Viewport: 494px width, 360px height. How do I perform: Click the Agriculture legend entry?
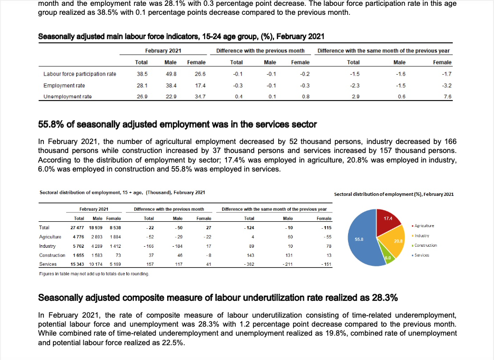pyautogui.click(x=424, y=226)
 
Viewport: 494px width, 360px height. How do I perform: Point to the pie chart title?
pyautogui.click(x=394, y=194)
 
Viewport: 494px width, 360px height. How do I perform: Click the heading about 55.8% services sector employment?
pyautogui.click(x=178, y=125)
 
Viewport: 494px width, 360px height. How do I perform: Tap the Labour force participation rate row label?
pyautogui.click(x=79, y=74)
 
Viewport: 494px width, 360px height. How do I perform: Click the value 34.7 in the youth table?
pyautogui.click(x=200, y=96)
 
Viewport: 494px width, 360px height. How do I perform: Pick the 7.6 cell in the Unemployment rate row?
pyautogui.click(x=447, y=96)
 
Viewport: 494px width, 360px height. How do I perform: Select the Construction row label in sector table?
pyautogui.click(x=52, y=255)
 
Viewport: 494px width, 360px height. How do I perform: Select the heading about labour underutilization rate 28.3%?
pyautogui.click(x=218, y=298)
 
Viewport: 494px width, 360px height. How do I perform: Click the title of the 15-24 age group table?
pyautogui.click(x=181, y=37)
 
